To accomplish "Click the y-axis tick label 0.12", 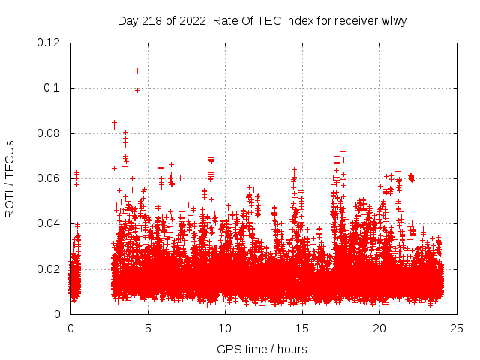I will pos(49,43).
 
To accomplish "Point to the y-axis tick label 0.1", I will pos(52,88).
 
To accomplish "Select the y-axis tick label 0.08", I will pos(49,133).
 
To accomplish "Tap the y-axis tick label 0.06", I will pos(49,178).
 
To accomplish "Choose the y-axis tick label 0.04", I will pos(49,223).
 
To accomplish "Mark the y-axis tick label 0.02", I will pos(49,268).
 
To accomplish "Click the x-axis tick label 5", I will pos(148,328).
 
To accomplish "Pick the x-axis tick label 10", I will pos(225,328).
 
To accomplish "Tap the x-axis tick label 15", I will pos(302,328).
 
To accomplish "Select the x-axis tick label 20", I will pos(379,328).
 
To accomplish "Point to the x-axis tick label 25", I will pos(457,328).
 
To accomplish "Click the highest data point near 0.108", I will pos(137,70).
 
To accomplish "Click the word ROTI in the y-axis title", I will pos(10,203).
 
